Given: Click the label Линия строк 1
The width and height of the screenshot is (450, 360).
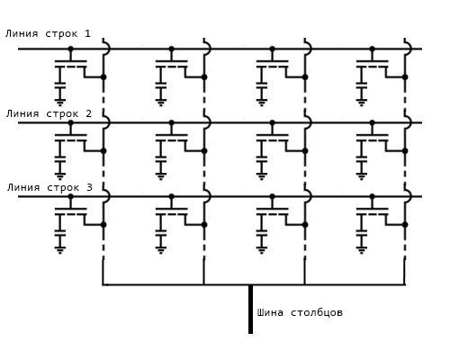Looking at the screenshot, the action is point(48,33).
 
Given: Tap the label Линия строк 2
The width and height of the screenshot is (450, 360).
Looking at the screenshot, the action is point(49,113).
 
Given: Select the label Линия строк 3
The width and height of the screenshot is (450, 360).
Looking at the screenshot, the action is point(49,187).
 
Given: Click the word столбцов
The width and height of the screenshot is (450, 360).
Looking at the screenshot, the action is point(317,312).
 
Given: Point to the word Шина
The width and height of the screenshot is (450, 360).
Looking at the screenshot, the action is point(270,312).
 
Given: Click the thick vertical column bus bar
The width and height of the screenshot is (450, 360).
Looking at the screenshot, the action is point(250,310).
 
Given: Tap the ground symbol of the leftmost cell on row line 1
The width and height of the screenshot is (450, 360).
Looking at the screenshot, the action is point(60,102).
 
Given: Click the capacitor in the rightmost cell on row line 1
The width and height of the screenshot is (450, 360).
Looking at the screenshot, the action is point(362,85).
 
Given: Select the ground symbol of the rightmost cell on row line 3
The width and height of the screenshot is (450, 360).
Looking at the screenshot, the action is point(362,249).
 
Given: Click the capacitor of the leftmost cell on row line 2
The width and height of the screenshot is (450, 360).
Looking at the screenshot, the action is point(60,158).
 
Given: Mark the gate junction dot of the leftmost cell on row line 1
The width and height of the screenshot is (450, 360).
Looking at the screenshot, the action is point(71,49).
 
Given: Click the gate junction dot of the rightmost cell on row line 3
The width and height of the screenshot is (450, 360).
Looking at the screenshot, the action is point(373,196).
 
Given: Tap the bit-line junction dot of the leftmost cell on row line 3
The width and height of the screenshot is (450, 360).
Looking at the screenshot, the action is point(103,225).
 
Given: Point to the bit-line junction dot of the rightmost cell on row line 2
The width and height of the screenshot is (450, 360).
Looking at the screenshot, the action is point(405,151).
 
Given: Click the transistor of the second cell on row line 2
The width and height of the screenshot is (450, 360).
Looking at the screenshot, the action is point(172,138).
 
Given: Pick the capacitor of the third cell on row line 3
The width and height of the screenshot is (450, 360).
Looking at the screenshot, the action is point(262,232).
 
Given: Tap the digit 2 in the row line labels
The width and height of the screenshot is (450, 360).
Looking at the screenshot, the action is point(88,113).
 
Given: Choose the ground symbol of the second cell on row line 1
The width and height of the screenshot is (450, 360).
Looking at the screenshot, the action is point(161,102).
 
